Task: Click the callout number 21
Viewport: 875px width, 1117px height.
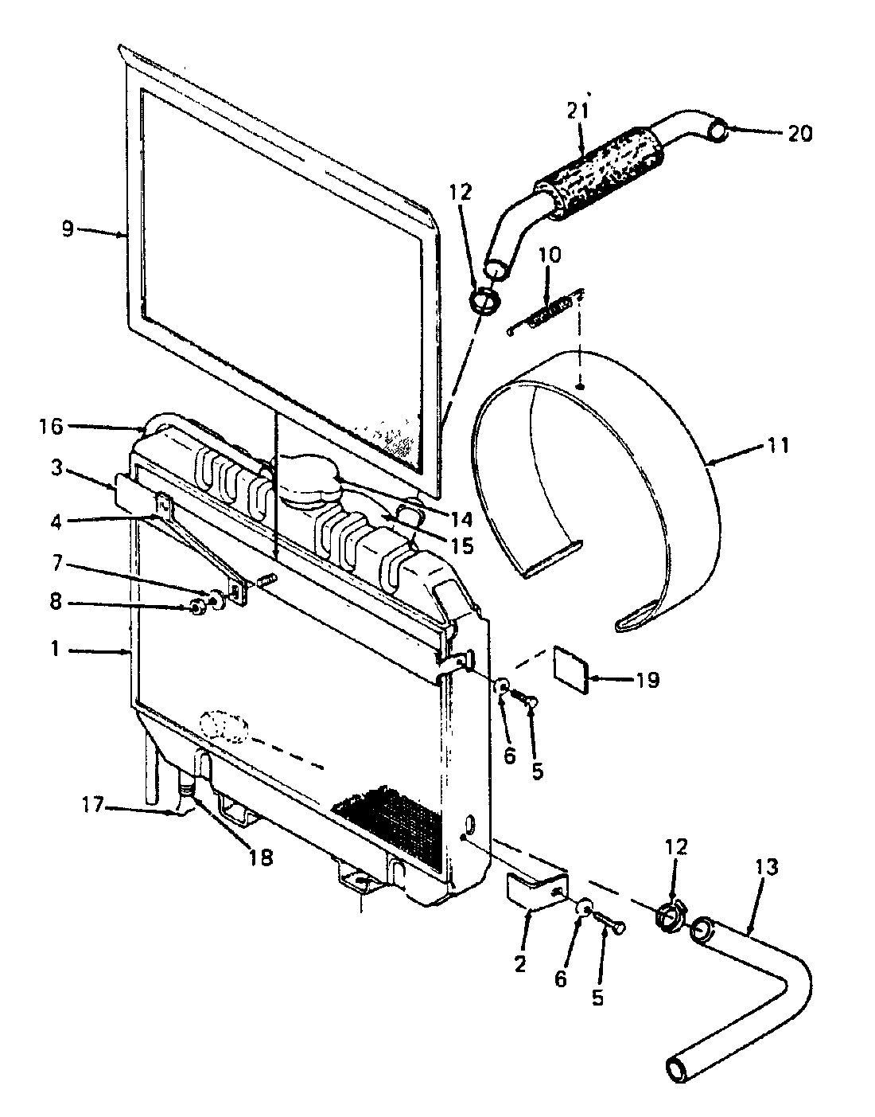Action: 580,111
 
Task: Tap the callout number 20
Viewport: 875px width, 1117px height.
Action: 799,135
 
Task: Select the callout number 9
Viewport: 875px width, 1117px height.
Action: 68,228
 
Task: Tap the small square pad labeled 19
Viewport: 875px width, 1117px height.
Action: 571,670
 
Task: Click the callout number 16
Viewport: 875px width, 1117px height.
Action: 51,426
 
